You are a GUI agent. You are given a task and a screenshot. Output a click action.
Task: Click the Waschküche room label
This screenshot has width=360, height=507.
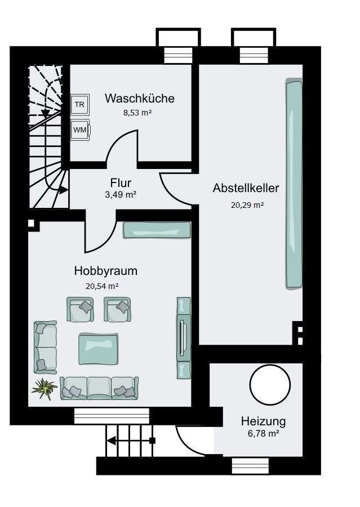139,98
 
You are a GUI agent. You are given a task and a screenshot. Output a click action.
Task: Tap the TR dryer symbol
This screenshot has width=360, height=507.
80,104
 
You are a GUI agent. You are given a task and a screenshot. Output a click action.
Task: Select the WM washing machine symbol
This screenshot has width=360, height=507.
80,130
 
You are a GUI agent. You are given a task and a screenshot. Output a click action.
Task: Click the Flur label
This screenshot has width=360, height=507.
121,183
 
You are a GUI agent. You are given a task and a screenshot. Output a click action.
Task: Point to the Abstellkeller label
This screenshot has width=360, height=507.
246,188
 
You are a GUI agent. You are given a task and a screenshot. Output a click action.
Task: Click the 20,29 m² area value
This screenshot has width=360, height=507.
247,205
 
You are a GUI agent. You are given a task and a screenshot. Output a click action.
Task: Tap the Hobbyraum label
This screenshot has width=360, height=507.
106,271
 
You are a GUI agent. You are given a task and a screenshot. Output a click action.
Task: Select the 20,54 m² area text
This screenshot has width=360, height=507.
101,286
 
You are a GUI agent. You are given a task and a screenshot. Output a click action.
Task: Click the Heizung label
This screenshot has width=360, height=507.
263,421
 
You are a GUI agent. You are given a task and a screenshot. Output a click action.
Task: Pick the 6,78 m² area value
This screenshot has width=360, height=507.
263,434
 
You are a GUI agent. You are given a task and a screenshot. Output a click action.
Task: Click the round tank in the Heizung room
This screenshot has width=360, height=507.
270,385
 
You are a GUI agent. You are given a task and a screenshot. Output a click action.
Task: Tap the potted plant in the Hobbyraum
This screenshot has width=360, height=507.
45,389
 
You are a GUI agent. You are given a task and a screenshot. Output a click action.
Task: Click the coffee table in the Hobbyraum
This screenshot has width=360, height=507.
99,349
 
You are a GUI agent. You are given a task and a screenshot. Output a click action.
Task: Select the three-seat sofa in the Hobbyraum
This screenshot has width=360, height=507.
99,388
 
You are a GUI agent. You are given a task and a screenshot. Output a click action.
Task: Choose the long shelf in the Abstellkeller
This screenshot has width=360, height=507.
294,183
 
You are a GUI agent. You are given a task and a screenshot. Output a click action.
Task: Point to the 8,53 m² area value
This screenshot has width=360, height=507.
137,113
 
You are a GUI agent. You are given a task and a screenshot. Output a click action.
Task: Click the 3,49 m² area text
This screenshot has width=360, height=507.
121,195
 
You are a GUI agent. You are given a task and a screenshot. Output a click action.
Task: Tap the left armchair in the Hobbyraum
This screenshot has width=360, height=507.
80,309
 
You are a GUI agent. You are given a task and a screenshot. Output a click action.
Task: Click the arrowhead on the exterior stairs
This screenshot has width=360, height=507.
111,441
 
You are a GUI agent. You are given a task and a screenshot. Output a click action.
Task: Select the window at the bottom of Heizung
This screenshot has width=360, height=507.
251,466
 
